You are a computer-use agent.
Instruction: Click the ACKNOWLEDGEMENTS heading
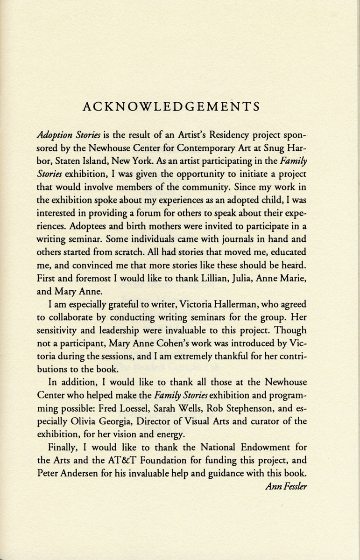tap(171, 107)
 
